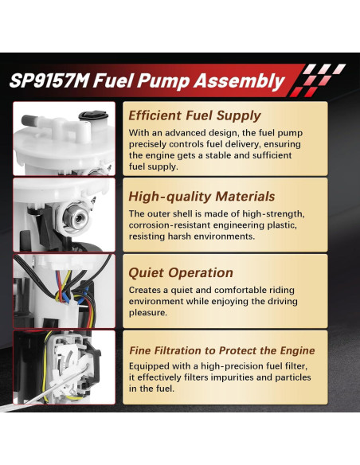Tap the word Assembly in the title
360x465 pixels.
(243, 80)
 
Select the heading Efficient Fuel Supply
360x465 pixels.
(194, 115)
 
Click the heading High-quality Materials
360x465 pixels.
(202, 196)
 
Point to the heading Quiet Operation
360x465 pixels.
(181, 272)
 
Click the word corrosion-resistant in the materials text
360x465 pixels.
(174, 225)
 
